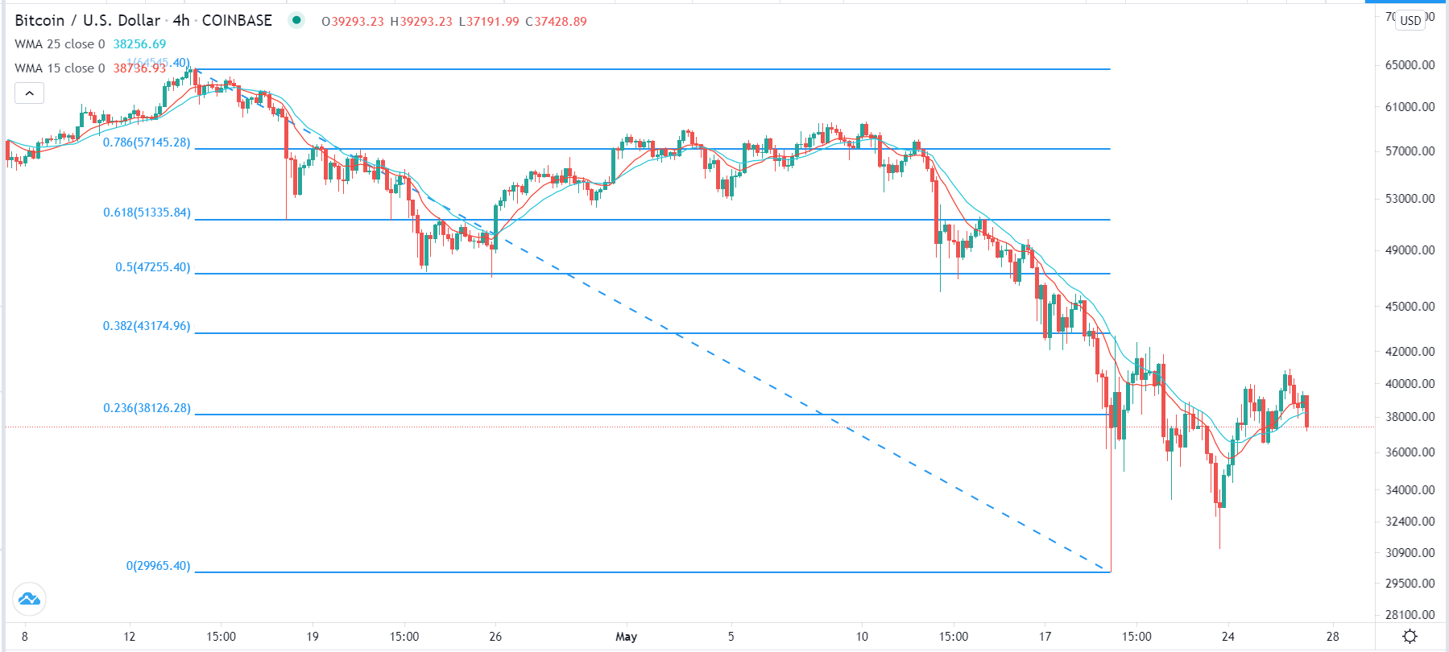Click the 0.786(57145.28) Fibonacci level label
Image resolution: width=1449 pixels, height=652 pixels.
(147, 142)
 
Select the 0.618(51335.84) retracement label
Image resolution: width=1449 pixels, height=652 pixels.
(147, 213)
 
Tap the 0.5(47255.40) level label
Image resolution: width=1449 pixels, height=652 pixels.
(152, 267)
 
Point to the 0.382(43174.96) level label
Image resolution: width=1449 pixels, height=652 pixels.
(147, 326)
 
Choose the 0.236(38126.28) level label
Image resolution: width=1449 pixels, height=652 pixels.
(147, 408)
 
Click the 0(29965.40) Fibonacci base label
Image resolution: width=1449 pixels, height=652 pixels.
(158, 566)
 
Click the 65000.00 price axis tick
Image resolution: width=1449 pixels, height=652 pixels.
(1410, 65)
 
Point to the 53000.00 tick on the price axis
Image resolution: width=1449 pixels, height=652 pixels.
(1410, 199)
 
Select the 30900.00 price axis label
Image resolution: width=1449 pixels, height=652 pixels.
(1410, 553)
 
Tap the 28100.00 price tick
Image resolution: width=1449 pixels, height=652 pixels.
(1410, 615)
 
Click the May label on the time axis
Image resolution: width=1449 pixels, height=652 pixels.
(626, 637)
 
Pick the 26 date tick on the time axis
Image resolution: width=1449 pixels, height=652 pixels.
(495, 637)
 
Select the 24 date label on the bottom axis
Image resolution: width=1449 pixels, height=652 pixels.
(1228, 637)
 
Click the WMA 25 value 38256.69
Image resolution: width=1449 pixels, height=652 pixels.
(139, 44)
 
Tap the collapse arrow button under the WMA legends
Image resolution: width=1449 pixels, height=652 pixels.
(29, 93)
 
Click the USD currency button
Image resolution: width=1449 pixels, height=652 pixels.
(1410, 20)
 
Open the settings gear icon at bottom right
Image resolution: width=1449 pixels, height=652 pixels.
(1410, 637)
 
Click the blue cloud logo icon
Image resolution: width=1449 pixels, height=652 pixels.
(29, 599)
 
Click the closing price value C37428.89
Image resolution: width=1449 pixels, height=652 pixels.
(556, 22)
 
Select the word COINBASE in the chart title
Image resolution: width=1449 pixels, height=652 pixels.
(237, 21)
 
